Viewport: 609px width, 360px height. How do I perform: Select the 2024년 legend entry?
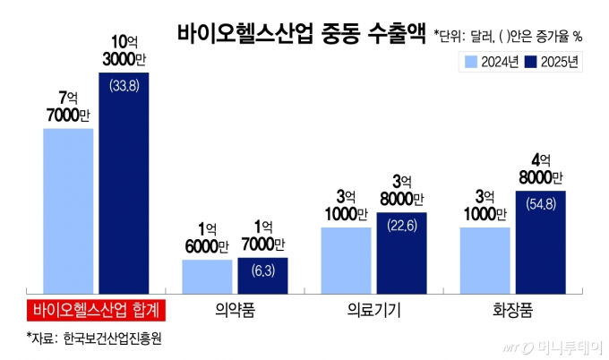pos(490,62)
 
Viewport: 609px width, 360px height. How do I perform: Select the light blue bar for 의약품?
pos(207,276)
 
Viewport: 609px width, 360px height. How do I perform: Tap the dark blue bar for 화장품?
pos(541,241)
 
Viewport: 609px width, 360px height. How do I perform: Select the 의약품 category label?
pos(235,311)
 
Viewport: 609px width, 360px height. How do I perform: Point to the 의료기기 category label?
pos(373,311)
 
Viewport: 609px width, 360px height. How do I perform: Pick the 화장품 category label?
pos(512,311)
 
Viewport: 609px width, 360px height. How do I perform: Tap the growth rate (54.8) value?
pos(541,203)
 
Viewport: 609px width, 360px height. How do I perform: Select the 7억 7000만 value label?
pos(68,106)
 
